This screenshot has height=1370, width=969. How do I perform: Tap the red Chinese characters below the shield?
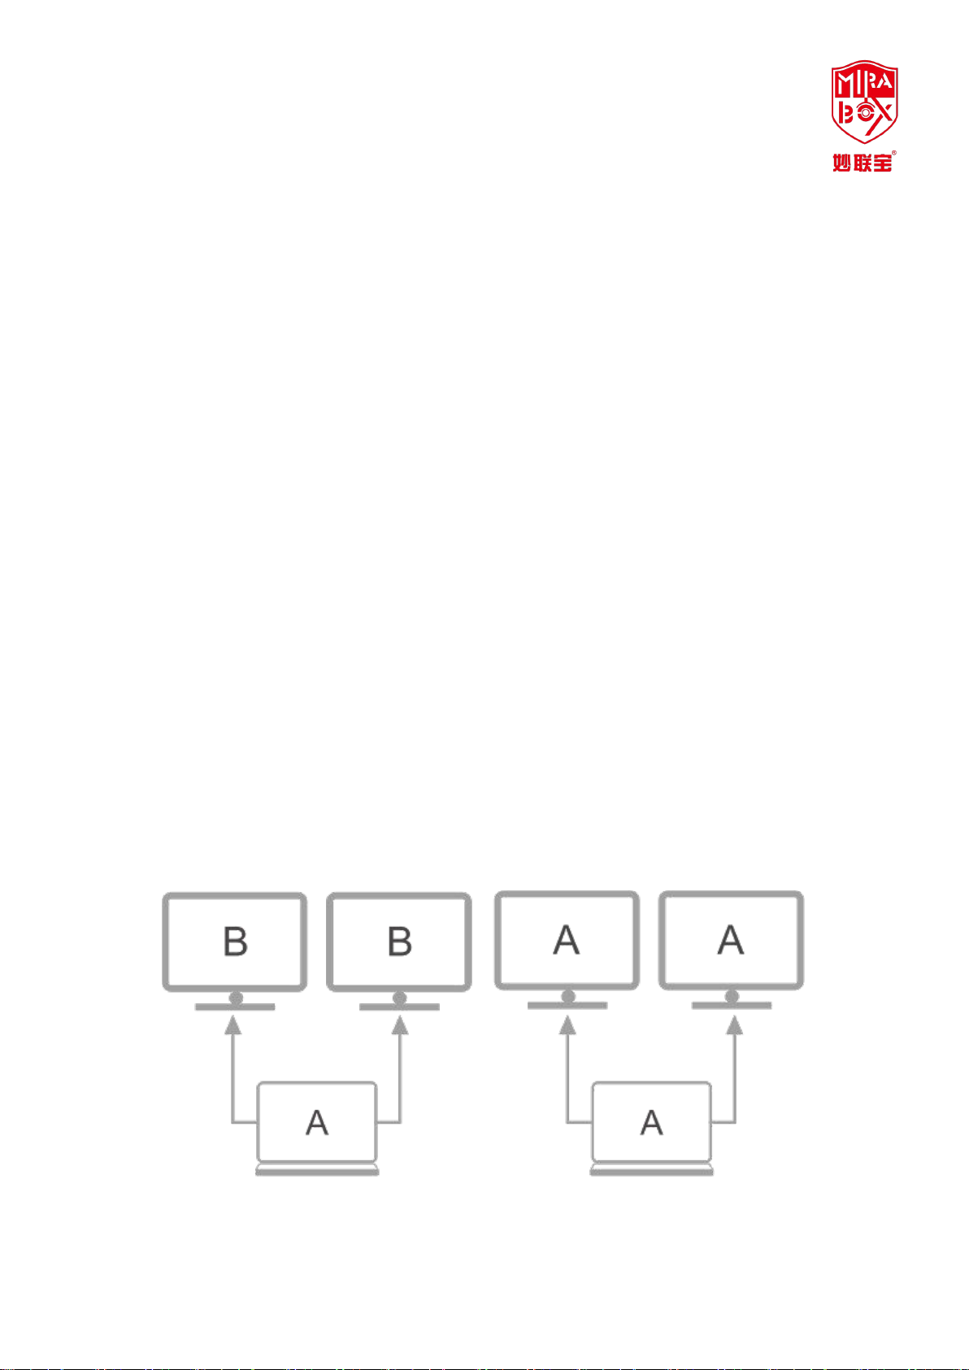[863, 162]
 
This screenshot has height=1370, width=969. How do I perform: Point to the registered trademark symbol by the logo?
[893, 152]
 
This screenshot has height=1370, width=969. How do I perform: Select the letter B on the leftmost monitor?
[235, 942]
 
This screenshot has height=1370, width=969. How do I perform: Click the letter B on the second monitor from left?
[399, 942]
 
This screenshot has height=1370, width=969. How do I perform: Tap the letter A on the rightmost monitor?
[731, 940]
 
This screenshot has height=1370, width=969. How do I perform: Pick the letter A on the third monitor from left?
[567, 940]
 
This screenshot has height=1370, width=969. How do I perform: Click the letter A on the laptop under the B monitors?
[317, 1123]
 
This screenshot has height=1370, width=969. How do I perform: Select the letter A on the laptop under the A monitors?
[651, 1123]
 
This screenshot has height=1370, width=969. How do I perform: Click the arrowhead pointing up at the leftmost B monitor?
[233, 1026]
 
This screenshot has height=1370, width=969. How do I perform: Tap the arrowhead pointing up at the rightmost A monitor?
[734, 1026]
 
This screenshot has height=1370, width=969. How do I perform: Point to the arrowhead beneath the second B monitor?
[399, 1026]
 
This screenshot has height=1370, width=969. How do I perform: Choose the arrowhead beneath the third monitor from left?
[568, 1026]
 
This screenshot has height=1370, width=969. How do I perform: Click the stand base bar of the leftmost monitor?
[235, 1007]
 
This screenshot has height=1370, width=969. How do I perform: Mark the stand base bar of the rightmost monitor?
[732, 1006]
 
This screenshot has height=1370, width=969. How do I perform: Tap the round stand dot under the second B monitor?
[399, 997]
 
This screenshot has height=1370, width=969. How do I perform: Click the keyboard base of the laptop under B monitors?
[317, 1170]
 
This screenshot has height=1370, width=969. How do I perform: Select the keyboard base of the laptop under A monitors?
[651, 1170]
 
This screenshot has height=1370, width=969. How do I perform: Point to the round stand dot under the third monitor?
[568, 996]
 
